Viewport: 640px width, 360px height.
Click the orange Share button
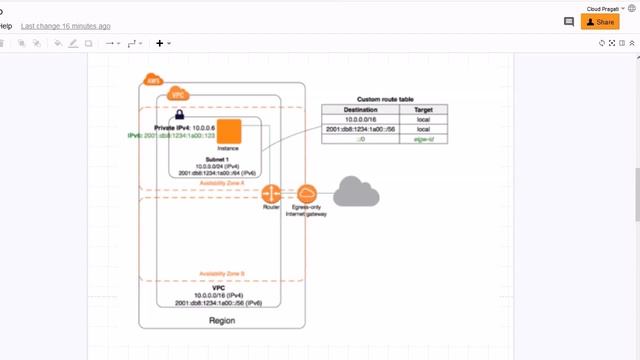click(x=600, y=21)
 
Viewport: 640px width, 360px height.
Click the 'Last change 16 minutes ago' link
click(x=66, y=25)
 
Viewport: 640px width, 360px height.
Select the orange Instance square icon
click(x=231, y=131)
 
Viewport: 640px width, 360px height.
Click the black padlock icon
click(x=180, y=116)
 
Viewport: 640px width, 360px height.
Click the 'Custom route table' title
click(x=384, y=100)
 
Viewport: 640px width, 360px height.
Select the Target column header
click(x=423, y=110)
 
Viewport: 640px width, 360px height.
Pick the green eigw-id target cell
click(x=423, y=140)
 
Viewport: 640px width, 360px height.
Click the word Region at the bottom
click(x=222, y=320)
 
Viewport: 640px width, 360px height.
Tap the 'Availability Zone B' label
click(x=222, y=273)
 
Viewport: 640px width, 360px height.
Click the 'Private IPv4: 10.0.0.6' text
click(x=185, y=127)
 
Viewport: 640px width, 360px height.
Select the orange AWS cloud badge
click(x=153, y=81)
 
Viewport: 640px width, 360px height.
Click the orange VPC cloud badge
click(x=179, y=94)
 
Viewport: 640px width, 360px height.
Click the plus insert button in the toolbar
click(x=159, y=43)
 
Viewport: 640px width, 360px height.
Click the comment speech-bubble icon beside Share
click(x=569, y=21)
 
